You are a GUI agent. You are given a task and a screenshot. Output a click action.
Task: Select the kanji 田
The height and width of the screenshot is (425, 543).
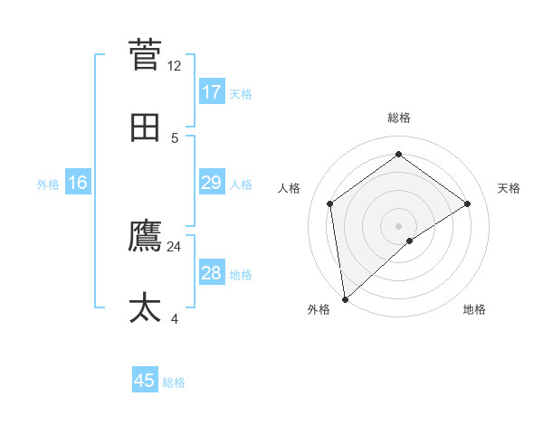[x=146, y=127]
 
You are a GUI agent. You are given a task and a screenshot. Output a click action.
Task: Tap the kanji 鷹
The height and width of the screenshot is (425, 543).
[x=146, y=236]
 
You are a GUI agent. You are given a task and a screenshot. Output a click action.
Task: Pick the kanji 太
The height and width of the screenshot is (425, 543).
[x=146, y=308]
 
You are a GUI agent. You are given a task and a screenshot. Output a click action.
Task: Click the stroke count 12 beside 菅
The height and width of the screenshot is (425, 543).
[x=175, y=66]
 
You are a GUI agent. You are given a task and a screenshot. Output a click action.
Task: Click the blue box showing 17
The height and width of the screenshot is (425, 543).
[x=212, y=92]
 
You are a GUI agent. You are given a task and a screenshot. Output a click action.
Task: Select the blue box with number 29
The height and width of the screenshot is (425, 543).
[x=212, y=184]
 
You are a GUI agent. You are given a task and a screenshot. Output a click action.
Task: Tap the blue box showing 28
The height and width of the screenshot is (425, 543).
[x=212, y=273]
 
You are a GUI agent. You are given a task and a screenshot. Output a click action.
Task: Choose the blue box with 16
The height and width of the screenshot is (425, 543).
[x=78, y=184]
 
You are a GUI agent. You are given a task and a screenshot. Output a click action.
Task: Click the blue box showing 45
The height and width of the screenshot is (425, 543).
[x=145, y=381]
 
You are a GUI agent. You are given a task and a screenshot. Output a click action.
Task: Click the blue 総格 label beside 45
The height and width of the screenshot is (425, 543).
[x=174, y=382]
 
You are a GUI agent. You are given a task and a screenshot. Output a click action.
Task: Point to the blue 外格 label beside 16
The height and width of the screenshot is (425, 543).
[x=48, y=184]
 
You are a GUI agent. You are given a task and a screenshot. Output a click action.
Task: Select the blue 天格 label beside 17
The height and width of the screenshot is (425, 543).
[x=240, y=94]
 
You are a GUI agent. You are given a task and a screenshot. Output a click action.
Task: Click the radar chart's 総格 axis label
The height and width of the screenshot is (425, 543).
[x=399, y=118]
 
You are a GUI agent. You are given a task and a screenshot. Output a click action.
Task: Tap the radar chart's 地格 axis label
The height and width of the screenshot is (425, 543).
[x=474, y=309]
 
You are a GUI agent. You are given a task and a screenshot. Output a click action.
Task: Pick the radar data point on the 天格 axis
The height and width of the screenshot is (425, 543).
[x=467, y=203]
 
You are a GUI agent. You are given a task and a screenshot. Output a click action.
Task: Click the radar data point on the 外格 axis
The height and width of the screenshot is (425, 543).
[x=344, y=298]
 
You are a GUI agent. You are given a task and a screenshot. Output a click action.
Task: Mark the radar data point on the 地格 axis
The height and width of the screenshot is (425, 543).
[x=410, y=241]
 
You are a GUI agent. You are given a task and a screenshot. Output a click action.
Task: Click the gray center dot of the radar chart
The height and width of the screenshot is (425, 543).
[x=399, y=225]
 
